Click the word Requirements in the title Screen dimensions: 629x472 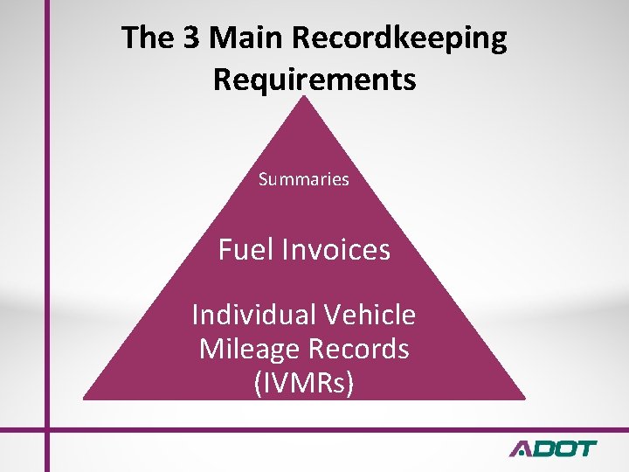click(314, 80)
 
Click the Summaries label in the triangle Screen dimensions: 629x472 click(304, 179)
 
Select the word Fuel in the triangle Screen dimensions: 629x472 click(247, 250)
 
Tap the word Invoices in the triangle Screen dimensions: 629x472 click(337, 250)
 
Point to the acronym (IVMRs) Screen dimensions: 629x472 click(303, 383)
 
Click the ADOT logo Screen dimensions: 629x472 click(552, 448)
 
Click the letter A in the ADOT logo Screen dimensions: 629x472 click(522, 448)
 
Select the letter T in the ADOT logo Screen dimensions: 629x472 click(583, 448)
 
